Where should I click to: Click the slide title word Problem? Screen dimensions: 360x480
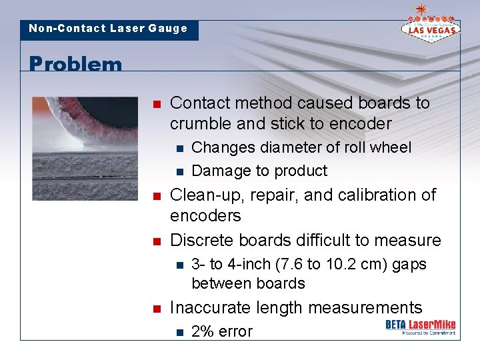[x=75, y=65]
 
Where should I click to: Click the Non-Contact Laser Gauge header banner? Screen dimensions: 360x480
[x=109, y=29]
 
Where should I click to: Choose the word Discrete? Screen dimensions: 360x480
[x=203, y=240]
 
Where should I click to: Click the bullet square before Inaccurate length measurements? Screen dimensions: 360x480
[x=156, y=309]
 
